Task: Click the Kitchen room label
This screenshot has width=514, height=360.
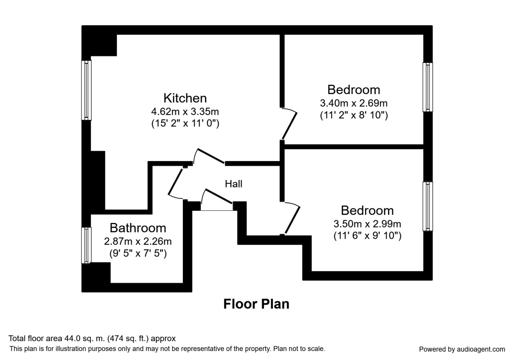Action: pos(185,98)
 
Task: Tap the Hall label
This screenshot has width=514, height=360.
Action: pos(234,184)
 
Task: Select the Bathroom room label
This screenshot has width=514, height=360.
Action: pos(137,228)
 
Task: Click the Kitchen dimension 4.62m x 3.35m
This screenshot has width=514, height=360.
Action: pos(185,112)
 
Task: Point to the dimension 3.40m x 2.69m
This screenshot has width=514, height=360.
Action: pos(353,103)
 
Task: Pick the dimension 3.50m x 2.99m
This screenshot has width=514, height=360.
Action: pos(367,224)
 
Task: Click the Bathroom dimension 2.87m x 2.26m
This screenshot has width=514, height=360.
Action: pos(137,241)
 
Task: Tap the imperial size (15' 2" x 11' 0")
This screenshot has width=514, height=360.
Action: pos(185,124)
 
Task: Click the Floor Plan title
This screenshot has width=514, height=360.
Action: pos(256,304)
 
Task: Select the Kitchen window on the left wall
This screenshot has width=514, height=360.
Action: pos(87,90)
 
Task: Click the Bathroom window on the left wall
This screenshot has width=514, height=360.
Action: pos(87,245)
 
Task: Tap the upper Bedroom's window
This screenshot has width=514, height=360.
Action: pos(427,87)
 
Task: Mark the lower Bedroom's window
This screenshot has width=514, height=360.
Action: pos(427,207)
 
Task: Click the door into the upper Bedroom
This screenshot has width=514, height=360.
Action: pos(290,124)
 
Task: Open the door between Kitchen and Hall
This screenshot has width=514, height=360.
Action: pos(209,156)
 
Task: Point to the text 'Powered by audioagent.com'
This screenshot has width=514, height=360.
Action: pos(462,349)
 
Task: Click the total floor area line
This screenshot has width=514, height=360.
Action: pos(92,339)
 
